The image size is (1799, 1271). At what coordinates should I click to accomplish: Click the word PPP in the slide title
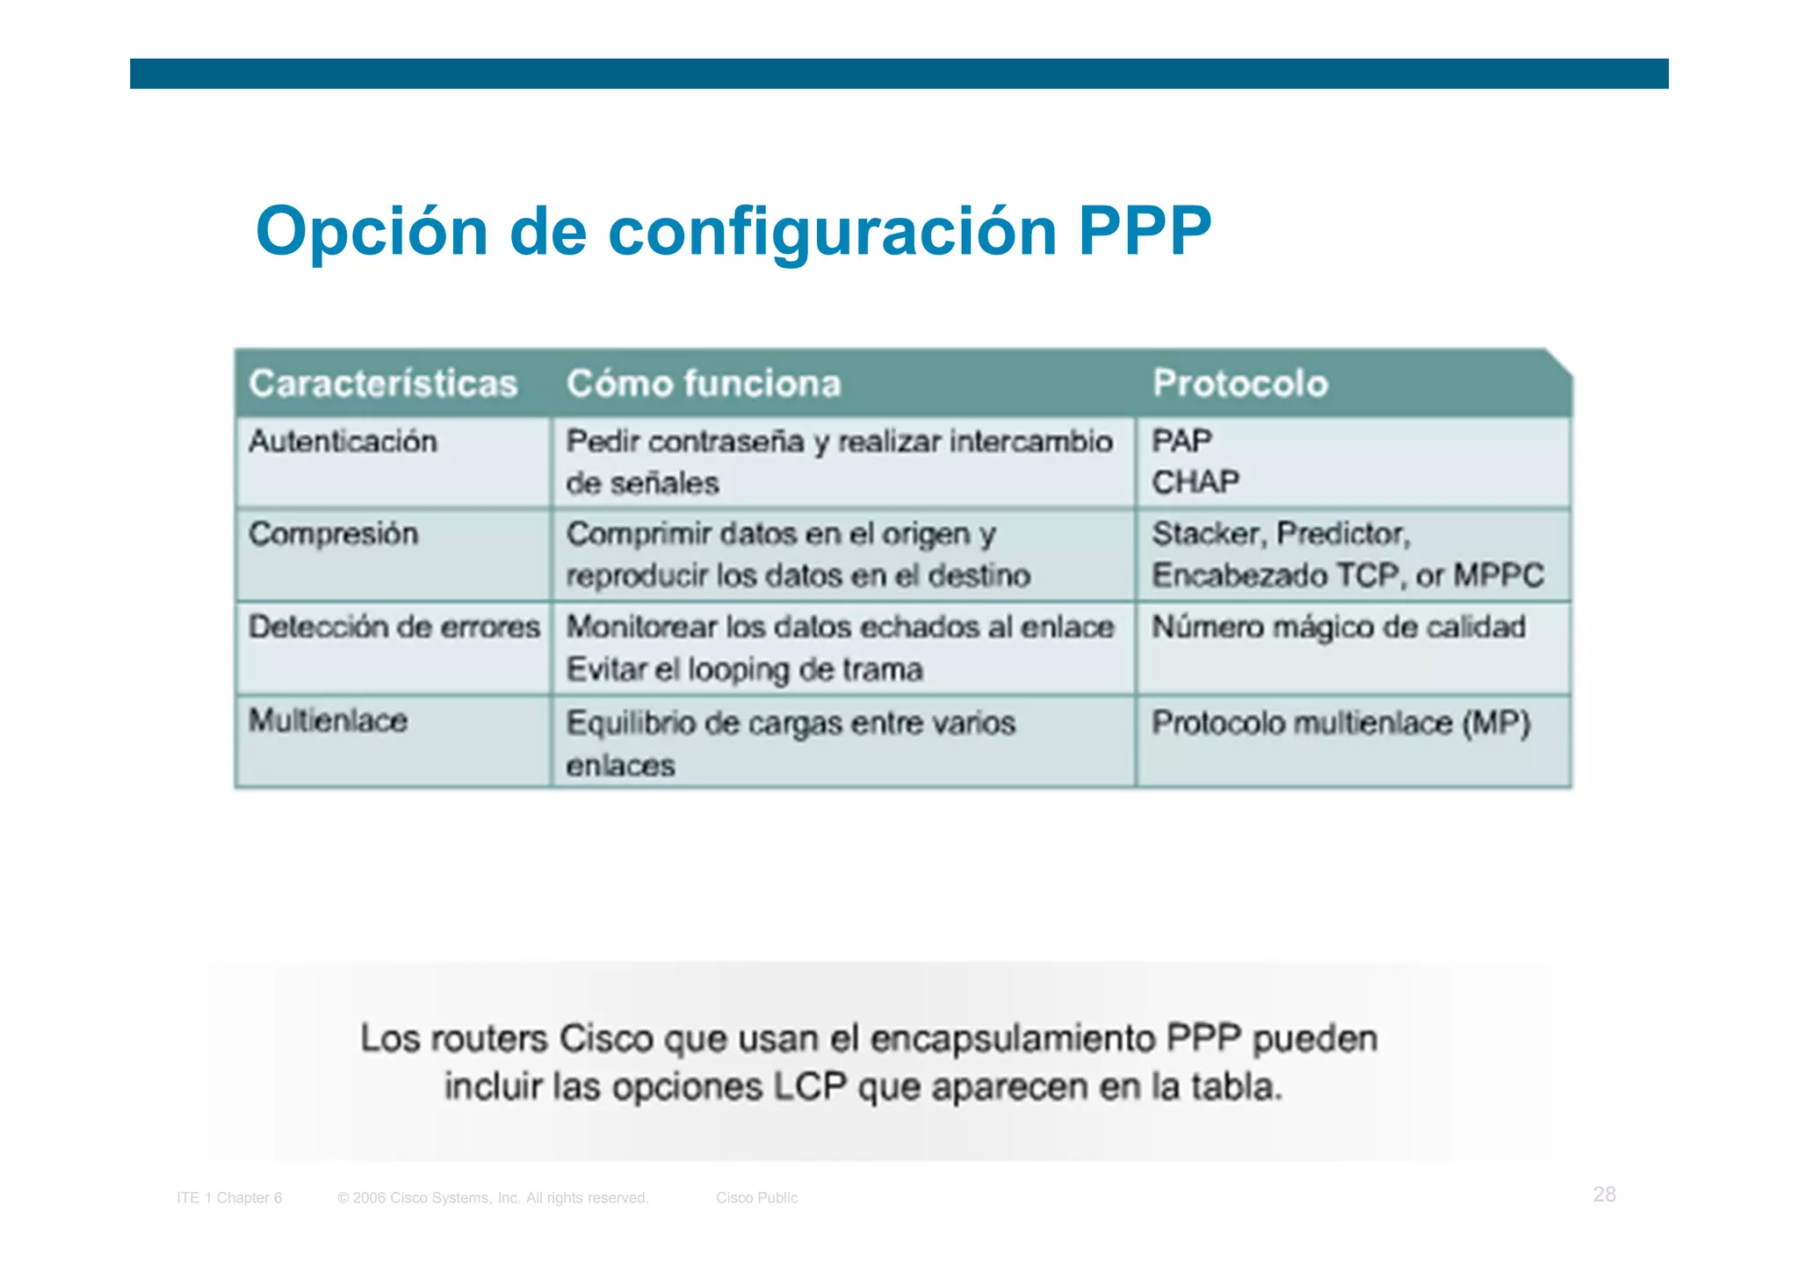click(x=1144, y=231)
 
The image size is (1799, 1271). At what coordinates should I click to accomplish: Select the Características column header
click(x=383, y=384)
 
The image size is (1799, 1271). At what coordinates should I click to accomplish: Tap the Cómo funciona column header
click(x=704, y=384)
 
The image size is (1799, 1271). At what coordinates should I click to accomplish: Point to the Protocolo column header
click(x=1239, y=384)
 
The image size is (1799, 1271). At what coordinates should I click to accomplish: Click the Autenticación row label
click(x=343, y=441)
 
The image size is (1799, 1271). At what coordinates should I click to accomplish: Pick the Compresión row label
click(x=333, y=534)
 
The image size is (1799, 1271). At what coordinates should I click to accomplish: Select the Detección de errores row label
click(x=394, y=627)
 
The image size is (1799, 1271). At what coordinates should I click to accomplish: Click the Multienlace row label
click(x=328, y=721)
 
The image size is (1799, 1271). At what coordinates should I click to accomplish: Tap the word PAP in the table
click(x=1181, y=440)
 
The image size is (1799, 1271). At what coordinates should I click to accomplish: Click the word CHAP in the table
click(x=1196, y=482)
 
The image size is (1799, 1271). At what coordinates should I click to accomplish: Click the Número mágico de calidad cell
click(x=1338, y=627)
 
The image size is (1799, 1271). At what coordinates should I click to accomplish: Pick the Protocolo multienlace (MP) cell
click(x=1340, y=723)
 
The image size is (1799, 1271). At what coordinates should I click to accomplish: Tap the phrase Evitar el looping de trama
click(x=744, y=670)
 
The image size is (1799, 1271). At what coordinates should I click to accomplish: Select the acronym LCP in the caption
click(x=809, y=1087)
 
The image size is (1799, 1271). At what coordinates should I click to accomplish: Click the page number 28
click(x=1604, y=1195)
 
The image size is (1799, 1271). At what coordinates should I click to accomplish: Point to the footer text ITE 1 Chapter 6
click(x=229, y=1198)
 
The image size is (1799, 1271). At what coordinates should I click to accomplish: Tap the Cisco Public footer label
click(x=756, y=1198)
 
